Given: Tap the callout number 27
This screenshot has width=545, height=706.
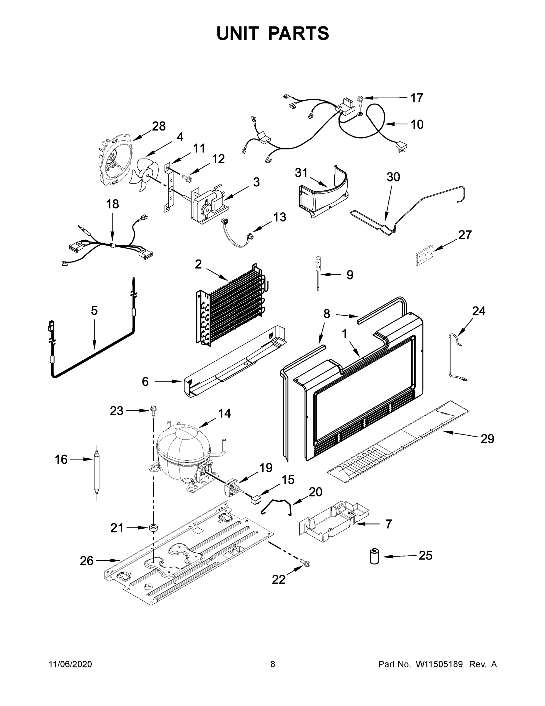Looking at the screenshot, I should (x=465, y=235).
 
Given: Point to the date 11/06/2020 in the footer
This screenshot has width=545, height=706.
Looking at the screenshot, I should (x=71, y=664).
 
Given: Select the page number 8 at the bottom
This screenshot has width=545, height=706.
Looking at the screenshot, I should (x=273, y=664).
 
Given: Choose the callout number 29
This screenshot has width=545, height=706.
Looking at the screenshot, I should (x=487, y=439).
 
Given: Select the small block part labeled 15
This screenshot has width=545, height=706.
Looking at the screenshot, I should (x=256, y=500).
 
